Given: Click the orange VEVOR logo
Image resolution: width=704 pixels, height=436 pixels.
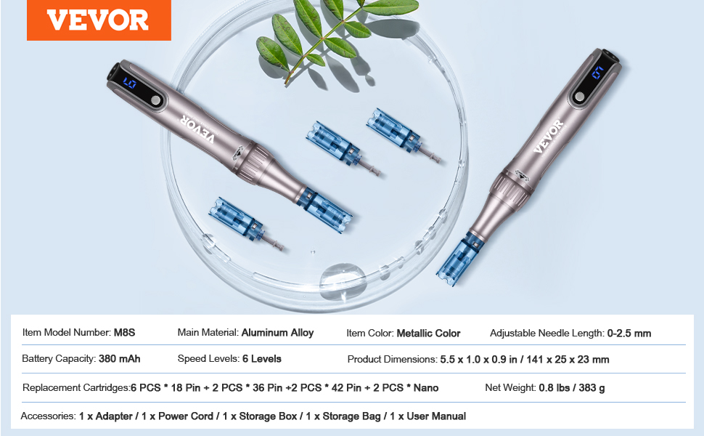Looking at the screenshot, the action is [99, 20].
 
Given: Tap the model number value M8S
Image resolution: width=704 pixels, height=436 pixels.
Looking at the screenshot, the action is [124, 333].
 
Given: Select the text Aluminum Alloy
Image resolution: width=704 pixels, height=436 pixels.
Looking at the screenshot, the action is [277, 333].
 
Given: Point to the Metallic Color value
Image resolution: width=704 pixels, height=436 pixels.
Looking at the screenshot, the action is [428, 334].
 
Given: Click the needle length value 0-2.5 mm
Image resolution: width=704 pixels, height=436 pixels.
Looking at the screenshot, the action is [629, 334].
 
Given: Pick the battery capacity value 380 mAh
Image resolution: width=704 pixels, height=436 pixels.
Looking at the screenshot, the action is [120, 359].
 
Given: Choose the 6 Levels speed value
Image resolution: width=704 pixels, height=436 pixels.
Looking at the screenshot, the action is [262, 359].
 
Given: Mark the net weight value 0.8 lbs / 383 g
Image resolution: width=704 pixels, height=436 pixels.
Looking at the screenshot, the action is [572, 387].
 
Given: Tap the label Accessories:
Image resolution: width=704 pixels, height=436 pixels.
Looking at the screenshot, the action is [48, 416].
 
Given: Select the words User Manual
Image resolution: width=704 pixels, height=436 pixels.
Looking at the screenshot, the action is [436, 416].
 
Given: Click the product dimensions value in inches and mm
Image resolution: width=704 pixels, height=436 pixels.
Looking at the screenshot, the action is [525, 360].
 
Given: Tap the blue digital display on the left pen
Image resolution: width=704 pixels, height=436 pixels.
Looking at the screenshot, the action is [130, 83].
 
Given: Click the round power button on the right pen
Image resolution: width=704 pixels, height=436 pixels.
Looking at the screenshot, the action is [580, 97].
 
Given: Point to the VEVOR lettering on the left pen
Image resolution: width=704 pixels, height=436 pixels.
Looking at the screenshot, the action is [197, 130].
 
